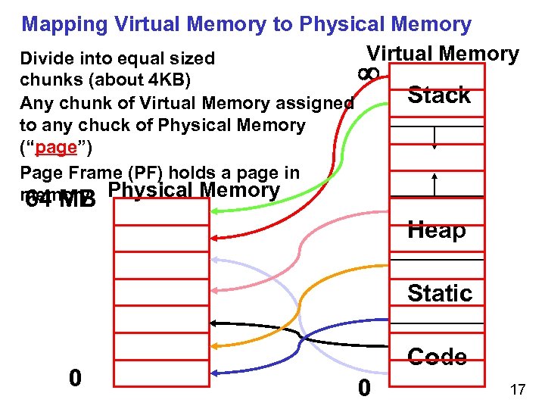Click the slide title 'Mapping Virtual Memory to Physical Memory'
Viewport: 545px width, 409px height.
pyautogui.click(x=246, y=23)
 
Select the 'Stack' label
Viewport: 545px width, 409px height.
pyautogui.click(x=439, y=95)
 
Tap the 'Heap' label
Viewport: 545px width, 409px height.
pyautogui.click(x=437, y=229)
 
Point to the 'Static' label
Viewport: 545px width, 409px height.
pyautogui.click(x=440, y=292)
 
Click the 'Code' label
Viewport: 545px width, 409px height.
pyautogui.click(x=437, y=356)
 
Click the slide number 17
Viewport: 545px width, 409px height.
pyautogui.click(x=518, y=389)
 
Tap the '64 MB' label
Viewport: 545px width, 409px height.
pyautogui.click(x=61, y=200)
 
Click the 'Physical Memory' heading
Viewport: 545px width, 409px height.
pyautogui.click(x=195, y=190)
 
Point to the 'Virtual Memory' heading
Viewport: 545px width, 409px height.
pyautogui.click(x=443, y=54)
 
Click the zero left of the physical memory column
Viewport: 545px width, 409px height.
pyautogui.click(x=74, y=377)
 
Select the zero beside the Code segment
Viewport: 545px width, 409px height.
pyautogui.click(x=364, y=388)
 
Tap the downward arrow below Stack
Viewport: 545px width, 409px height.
pyautogui.click(x=434, y=139)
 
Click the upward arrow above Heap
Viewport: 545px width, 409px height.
pyautogui.click(x=434, y=183)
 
